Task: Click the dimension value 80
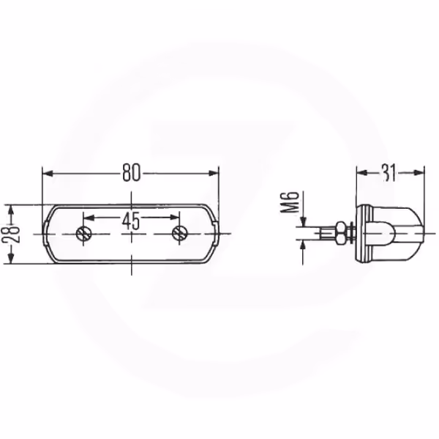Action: [x=131, y=173]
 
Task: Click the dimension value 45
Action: [x=131, y=221]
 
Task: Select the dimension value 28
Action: [x=11, y=234]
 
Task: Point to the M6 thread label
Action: [x=290, y=202]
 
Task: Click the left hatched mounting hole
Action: [x=83, y=233]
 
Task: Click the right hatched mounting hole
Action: [x=179, y=233]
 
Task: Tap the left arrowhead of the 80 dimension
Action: [x=48, y=174]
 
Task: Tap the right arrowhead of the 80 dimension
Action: [x=214, y=174]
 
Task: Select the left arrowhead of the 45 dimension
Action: [x=89, y=218]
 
